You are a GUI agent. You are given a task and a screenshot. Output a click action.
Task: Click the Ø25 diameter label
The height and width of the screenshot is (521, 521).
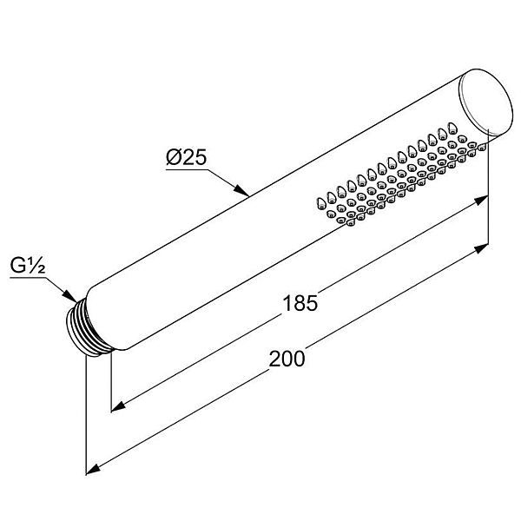187,157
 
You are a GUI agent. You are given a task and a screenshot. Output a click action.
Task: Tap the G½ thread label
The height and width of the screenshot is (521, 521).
28,265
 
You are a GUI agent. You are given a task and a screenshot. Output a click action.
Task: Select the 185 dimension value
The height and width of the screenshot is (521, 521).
300,304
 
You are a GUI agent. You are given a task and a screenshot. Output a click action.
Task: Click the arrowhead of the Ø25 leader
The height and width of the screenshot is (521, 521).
242,190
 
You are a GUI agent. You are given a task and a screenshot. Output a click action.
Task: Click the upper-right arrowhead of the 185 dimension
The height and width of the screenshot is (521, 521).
480,201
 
